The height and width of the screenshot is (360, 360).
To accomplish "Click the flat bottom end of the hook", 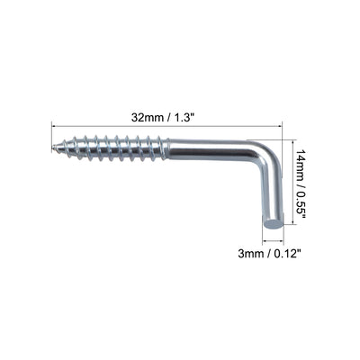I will click(274, 220).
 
